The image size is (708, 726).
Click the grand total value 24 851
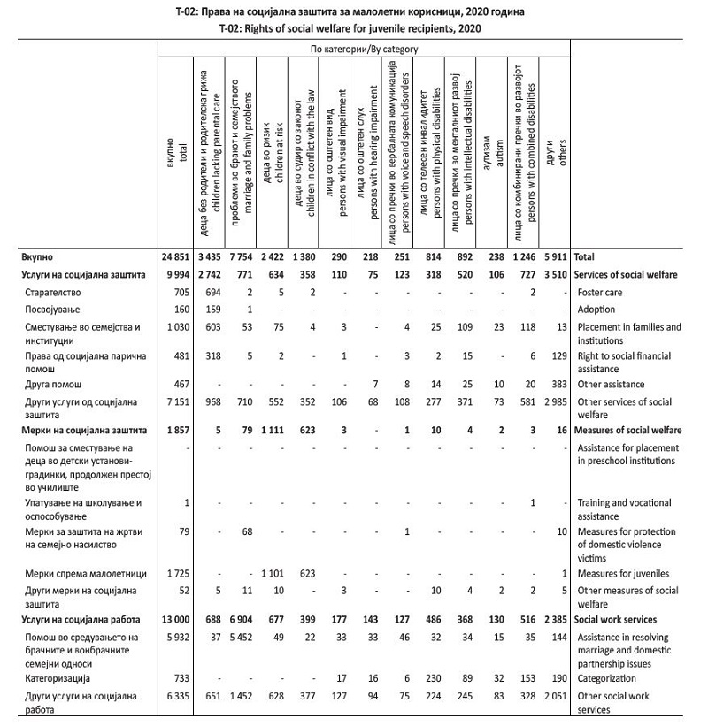click(177, 256)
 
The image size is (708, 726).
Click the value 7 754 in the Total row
click(240, 256)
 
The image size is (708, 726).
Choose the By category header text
click(365, 50)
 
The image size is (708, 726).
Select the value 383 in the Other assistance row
click(558, 386)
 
